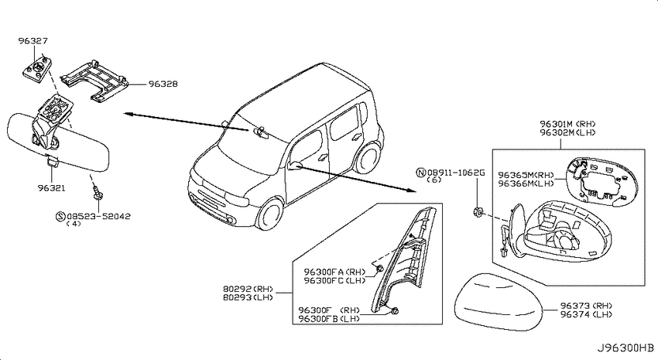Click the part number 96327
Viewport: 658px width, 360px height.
[33, 41]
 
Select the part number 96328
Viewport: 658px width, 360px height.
[163, 84]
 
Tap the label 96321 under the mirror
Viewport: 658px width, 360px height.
[51, 188]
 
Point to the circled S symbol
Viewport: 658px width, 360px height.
[60, 217]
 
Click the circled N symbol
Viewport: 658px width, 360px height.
[420, 173]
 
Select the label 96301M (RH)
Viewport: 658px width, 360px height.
[567, 124]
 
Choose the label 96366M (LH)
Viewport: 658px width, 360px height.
[526, 183]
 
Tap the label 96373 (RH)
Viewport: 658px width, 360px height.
[586, 306]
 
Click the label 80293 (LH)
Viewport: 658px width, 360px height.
[248, 297]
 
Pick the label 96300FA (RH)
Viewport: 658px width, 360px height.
[335, 272]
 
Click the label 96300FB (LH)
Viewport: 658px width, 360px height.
[329, 319]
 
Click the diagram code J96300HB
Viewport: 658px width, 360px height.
[625, 348]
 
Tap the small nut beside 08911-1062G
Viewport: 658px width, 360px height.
[477, 212]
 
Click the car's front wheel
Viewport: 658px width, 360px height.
[270, 217]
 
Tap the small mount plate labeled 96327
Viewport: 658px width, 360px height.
[37, 67]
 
